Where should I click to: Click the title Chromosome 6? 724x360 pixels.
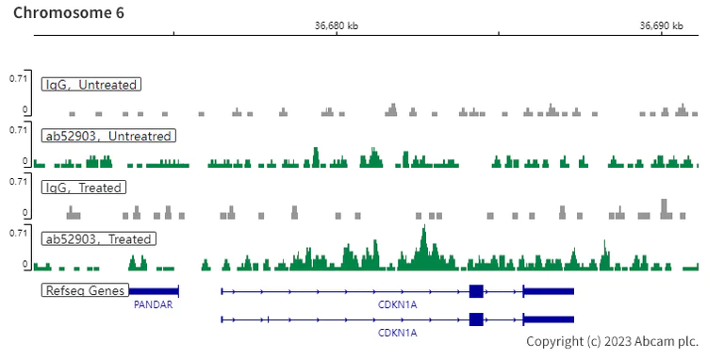(68, 13)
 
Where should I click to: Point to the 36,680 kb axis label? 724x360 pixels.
(336, 25)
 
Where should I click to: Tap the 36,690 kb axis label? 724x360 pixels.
(660, 25)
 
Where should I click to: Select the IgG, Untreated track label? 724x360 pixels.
(91, 85)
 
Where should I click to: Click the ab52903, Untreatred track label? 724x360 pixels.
(108, 136)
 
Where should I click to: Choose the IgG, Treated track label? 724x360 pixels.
(84, 188)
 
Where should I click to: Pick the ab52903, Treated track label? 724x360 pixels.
(98, 239)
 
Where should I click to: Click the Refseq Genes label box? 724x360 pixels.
(85, 290)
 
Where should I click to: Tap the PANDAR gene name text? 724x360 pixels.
(153, 305)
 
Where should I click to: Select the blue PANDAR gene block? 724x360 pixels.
(154, 291)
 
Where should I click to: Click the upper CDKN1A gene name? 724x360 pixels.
(397, 305)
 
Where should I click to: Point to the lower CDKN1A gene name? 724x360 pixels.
(397, 333)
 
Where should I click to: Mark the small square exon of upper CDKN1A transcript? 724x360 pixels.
(476, 291)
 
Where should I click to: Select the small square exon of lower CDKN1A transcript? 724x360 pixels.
(476, 319)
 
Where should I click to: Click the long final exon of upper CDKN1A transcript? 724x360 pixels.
(548, 291)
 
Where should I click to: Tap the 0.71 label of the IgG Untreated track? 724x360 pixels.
(18, 78)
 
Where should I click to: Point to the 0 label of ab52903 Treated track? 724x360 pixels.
(25, 265)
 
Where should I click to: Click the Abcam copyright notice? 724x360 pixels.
(612, 341)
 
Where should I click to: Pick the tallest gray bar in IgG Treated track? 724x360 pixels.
(665, 207)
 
